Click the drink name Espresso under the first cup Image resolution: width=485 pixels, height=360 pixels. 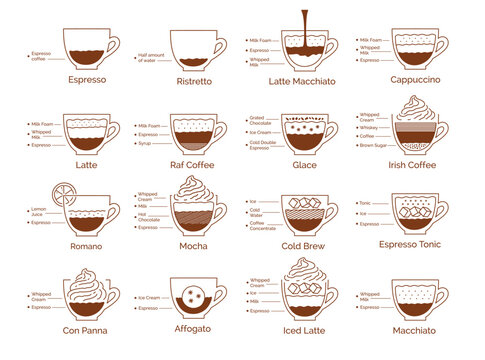tap(88, 78)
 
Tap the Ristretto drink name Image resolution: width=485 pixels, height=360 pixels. tap(194, 80)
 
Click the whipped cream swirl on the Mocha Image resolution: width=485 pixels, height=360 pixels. tap(194, 191)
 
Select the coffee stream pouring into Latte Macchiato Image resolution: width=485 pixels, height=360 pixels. tap(304, 25)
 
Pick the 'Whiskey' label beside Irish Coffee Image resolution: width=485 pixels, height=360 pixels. tap(370, 127)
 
